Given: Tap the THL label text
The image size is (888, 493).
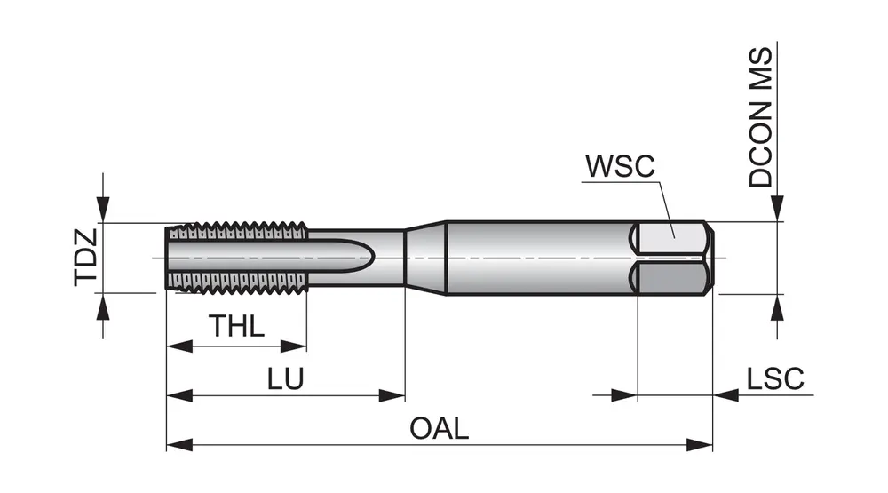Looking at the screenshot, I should tap(236, 326).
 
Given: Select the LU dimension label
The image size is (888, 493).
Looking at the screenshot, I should tap(286, 379).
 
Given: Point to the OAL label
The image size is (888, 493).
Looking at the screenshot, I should tap(439, 428).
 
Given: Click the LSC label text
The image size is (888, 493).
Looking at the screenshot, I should tap(774, 379).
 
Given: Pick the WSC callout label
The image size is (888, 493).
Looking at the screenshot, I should tap(619, 166).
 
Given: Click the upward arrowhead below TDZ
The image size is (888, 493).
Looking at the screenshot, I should tap(104, 305).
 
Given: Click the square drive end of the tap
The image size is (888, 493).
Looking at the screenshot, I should tap(674, 258).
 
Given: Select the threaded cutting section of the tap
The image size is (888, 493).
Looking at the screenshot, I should tap(238, 258).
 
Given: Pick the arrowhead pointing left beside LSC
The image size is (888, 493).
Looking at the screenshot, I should tap(725, 395).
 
